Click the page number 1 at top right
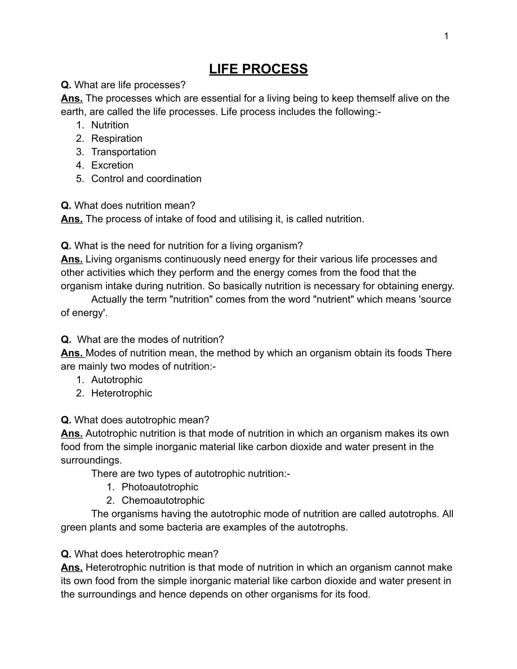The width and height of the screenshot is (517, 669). (446, 36)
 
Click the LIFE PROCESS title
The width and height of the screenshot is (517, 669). (258, 69)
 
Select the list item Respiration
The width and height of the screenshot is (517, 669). (117, 139)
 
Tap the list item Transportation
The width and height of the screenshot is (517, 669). (123, 152)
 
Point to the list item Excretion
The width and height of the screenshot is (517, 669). (112, 165)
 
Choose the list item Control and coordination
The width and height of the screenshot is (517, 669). (146, 179)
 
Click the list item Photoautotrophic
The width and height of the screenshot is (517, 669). (160, 487)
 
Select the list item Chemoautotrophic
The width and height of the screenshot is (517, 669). (163, 500)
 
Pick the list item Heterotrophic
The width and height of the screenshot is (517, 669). (121, 393)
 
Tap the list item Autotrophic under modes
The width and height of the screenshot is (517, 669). (117, 380)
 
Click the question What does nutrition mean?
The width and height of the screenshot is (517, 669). (134, 206)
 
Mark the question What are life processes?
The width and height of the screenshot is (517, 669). (130, 85)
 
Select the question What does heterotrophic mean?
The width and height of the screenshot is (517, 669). (146, 554)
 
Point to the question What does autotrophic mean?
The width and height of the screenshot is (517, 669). (141, 420)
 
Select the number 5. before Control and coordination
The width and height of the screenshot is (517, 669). (80, 179)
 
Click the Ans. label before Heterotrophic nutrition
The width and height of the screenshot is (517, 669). (71, 568)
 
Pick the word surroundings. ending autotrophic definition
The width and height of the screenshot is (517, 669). (91, 460)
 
